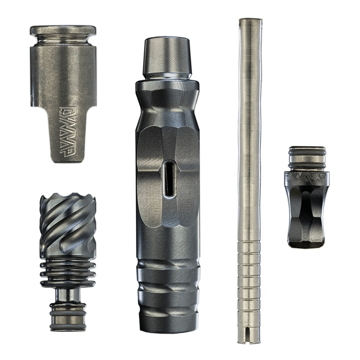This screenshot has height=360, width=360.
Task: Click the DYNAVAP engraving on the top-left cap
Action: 67,132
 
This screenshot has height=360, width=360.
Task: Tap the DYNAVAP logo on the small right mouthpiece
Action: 307,177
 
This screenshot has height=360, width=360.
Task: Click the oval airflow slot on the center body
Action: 170,179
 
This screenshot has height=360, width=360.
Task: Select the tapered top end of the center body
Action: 167,58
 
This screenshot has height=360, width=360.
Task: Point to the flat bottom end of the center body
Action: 168,324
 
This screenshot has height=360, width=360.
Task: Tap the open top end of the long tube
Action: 251,22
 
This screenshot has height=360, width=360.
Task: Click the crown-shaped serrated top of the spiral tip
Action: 68,198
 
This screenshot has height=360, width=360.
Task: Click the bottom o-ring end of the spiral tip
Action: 68,317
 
